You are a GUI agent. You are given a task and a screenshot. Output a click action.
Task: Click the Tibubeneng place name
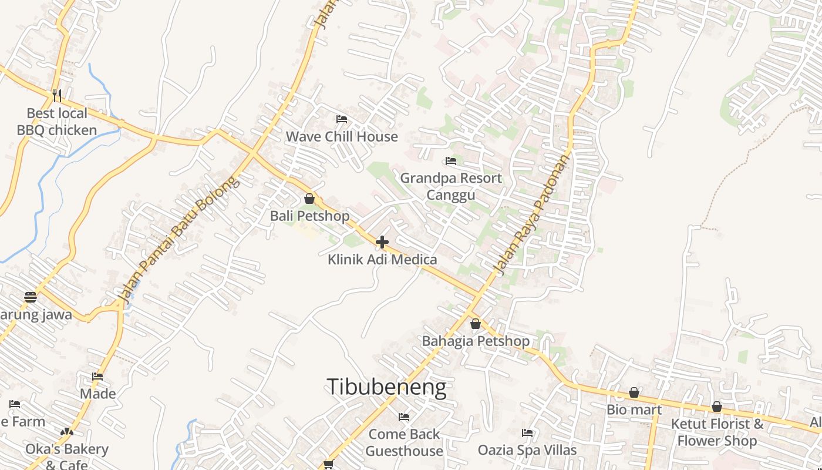click(386, 387)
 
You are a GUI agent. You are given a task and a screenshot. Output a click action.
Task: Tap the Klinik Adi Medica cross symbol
click(382, 242)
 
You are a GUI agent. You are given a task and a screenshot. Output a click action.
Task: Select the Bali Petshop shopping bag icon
click(309, 199)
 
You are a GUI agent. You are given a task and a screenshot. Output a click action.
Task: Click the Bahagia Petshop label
click(476, 341)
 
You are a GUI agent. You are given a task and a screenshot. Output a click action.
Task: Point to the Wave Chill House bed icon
click(342, 119)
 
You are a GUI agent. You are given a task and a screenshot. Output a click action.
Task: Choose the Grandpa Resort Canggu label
click(451, 186)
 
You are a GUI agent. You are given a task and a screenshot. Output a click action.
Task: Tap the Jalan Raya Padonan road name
click(532, 215)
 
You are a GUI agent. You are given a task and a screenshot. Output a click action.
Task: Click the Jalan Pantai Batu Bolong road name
click(179, 241)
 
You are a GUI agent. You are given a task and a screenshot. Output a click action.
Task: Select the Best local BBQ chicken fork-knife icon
click(57, 95)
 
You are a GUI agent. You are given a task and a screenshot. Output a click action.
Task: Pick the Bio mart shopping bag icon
click(634, 392)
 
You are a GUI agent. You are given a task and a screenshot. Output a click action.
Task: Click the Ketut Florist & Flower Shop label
click(717, 432)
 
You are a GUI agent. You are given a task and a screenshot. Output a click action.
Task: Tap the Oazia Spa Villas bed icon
click(527, 433)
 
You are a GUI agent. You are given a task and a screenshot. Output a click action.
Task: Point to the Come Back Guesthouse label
click(404, 442)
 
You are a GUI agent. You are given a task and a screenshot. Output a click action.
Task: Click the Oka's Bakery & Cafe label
click(66, 456)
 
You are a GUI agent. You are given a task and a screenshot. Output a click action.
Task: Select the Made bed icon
click(97, 377)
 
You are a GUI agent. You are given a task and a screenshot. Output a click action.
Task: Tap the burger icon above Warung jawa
click(31, 297)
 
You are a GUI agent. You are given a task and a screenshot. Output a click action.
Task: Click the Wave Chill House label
click(342, 137)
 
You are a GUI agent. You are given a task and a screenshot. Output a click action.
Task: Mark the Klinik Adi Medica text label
click(382, 259)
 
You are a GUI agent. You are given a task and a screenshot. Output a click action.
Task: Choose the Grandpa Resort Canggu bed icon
click(451, 161)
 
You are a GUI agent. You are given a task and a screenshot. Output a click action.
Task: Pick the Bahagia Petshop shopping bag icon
click(476, 324)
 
